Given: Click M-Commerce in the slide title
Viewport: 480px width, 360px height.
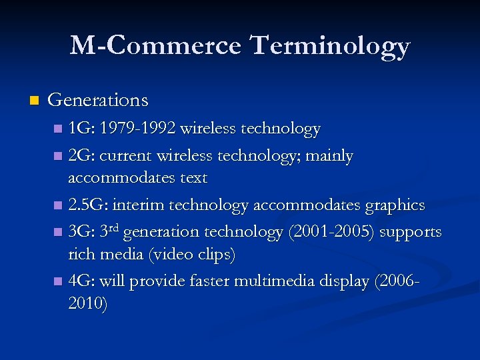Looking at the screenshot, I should click(x=155, y=45).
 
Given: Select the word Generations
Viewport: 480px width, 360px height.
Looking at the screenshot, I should click(x=98, y=100).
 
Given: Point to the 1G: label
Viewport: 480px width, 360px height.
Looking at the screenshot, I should click(x=81, y=128).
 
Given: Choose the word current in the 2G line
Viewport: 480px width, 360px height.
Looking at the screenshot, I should click(x=127, y=156).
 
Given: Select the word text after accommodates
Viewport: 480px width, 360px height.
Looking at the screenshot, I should click(x=193, y=178).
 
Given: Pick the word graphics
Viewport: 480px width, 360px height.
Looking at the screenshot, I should click(x=395, y=205).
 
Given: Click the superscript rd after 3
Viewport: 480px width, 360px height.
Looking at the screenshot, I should click(x=114, y=229).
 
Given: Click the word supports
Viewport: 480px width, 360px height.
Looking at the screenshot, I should click(x=409, y=232).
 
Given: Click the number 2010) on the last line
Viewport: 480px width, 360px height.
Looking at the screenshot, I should click(x=87, y=304).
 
